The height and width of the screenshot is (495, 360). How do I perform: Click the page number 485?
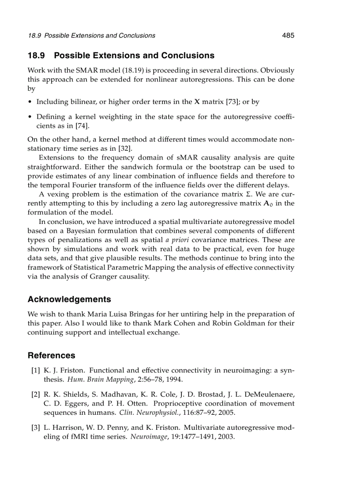click(288, 36)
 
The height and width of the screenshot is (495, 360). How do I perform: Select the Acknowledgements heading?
click(69, 299)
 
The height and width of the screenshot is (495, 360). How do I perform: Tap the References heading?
click(51, 355)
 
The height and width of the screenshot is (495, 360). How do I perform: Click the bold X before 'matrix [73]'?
click(197, 102)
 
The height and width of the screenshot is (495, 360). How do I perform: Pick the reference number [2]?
click(36, 395)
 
